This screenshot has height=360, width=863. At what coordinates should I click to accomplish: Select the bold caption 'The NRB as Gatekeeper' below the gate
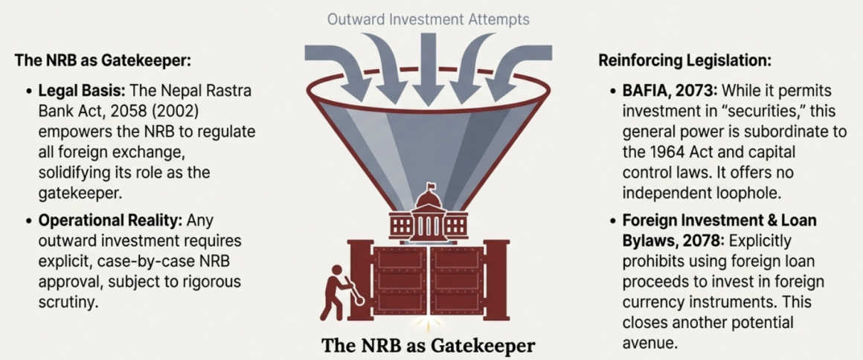428,346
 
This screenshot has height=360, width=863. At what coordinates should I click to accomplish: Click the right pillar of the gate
495,279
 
